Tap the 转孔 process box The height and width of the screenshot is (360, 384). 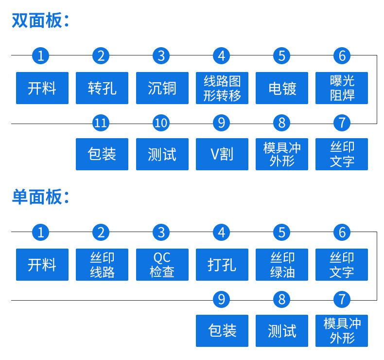pos(102,88)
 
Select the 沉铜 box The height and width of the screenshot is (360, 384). pos(162,88)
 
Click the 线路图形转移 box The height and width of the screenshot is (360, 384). pos(222,88)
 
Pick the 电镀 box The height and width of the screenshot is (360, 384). pos(282,88)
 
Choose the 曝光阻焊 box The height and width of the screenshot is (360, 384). pos(342,88)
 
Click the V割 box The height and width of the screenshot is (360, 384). pos(222,154)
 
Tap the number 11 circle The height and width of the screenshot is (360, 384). pos(101,123)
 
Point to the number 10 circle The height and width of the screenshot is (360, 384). pos(161,123)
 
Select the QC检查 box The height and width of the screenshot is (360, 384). pos(162,265)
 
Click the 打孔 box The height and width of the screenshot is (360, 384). pos(222,265)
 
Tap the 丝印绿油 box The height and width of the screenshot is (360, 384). pos(282,265)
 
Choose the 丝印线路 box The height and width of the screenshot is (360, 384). pos(102,265)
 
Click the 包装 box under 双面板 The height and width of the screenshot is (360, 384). pos(102,154)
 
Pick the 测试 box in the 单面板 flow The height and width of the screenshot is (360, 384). pos(282,331)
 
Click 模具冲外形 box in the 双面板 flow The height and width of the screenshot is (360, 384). pos(282,154)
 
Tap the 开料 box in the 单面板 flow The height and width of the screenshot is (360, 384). pos(42,265)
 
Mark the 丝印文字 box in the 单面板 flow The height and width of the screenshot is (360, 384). pos(342,265)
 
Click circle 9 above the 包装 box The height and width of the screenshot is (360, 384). pos(221,300)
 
